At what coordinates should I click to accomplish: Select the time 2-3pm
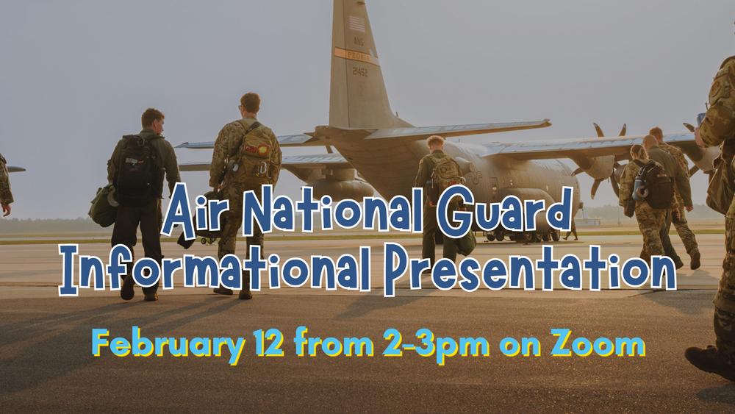point(435,343)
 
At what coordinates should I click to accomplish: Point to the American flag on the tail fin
point(356,23)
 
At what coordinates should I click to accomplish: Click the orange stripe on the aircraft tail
point(356,55)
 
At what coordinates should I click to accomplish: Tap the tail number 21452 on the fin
point(359,71)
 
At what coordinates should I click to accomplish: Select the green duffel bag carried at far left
point(102,206)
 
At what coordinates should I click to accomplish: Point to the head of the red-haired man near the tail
point(435,143)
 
